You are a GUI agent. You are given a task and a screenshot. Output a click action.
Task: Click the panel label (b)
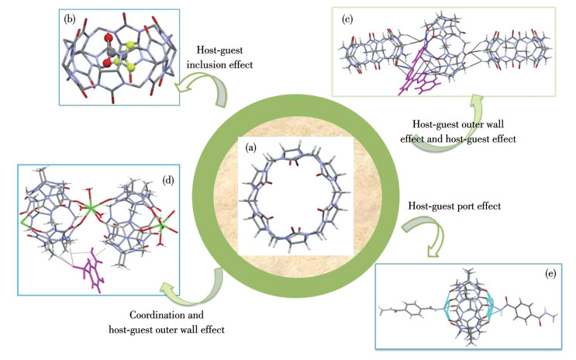(70, 16)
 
